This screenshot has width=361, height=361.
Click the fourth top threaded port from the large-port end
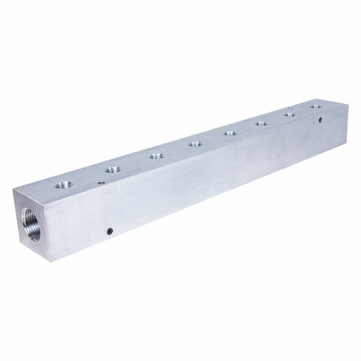pos(194,143)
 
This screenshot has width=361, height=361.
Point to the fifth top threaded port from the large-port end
pos(229,132)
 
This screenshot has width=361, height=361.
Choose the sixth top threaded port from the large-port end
pos(262,122)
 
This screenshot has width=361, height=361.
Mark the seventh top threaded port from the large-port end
pos(290,114)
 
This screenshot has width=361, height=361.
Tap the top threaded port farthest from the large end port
pos(315,106)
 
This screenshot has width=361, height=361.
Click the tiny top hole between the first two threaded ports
pos(101,181)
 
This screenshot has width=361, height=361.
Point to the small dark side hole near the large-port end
pos(109,231)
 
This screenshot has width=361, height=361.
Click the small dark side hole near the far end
pos(320,121)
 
